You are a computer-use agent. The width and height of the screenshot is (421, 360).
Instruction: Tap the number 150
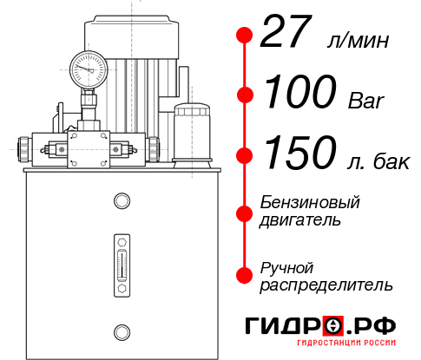[x=298, y=154]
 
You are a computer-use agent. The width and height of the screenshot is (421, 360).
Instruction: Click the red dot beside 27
[x=244, y=36]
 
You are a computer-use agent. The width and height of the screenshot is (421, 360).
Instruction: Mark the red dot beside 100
[x=244, y=95]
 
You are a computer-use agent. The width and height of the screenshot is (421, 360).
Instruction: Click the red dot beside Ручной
[x=244, y=274]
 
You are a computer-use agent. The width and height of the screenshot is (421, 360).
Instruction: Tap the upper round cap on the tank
[x=122, y=202]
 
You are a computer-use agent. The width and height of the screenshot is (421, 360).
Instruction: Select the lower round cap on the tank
[x=122, y=330]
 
